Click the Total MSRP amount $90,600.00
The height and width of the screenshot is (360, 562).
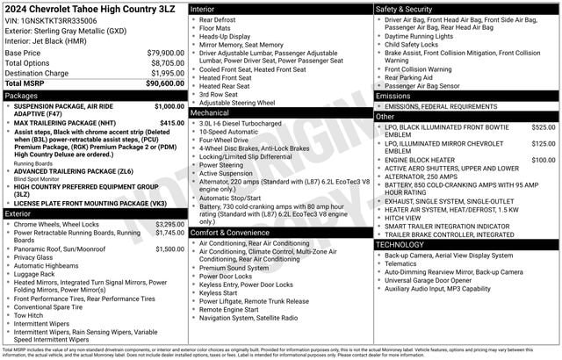(x=165, y=83)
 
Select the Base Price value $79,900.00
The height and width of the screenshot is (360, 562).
(x=165, y=53)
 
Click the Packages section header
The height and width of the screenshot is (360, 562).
(x=21, y=95)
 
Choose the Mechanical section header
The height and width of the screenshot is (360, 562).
(x=210, y=112)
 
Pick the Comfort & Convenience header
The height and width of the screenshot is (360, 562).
(x=232, y=233)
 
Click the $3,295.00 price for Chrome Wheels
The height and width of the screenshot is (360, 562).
(x=169, y=224)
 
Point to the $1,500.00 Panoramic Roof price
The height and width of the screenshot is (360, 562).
(x=169, y=248)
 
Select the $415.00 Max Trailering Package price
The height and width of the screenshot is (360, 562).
(x=172, y=123)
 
